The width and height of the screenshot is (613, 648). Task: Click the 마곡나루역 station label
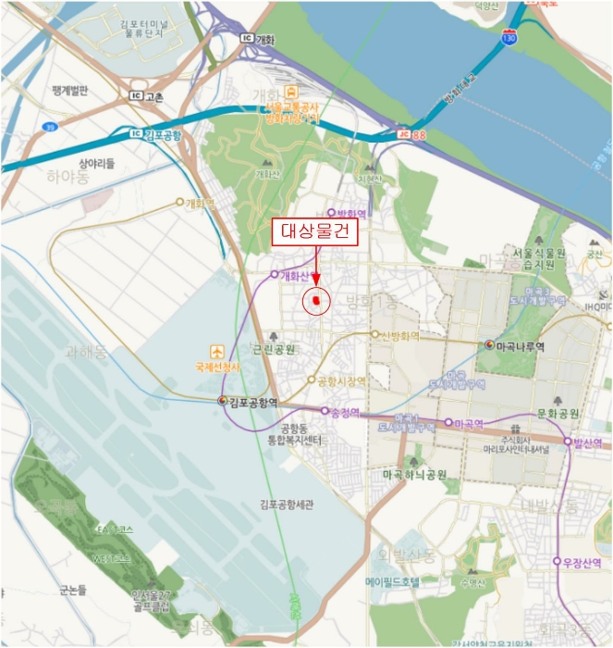(520, 346)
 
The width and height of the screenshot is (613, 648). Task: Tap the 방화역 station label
(351, 214)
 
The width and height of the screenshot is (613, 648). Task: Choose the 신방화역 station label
(400, 335)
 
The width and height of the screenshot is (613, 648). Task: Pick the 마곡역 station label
(470, 423)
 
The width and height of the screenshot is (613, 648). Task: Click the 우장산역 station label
(582, 562)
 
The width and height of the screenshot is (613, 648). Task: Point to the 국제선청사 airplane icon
(217, 352)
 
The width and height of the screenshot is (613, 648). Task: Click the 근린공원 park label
(275, 350)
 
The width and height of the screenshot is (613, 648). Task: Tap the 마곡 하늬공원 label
(415, 474)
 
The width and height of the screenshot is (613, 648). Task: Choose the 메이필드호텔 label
(393, 582)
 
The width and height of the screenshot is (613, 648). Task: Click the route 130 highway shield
(509, 36)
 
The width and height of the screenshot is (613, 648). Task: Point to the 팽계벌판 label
(70, 90)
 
